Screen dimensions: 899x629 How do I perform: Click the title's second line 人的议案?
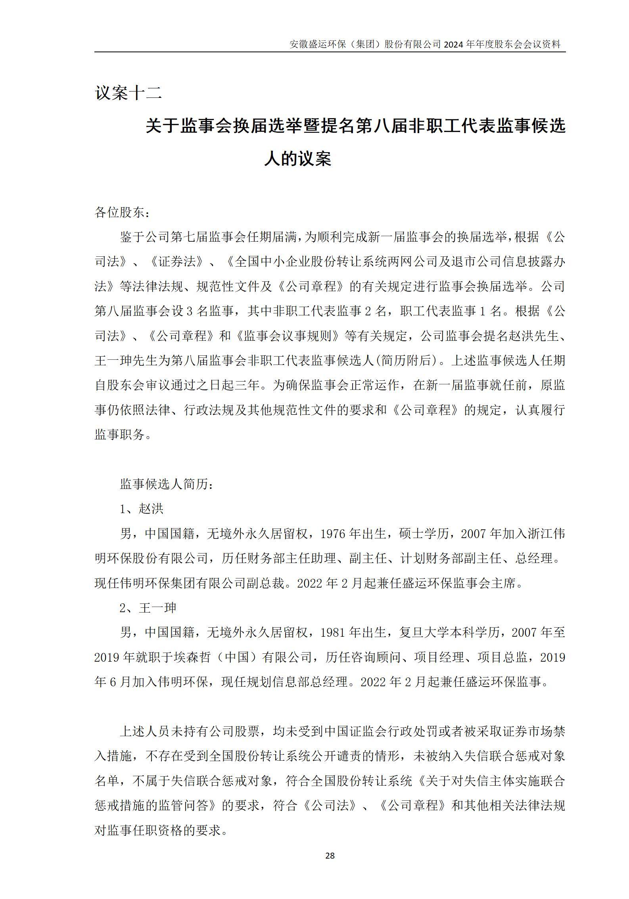pyautogui.click(x=297, y=159)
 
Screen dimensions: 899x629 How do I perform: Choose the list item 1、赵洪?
pyautogui.click(x=142, y=509)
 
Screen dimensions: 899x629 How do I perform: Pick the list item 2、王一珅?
pyautogui.click(x=148, y=608)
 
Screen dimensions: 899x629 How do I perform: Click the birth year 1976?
pyautogui.click(x=334, y=534)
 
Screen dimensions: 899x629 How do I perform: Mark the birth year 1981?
pyautogui.click(x=334, y=632)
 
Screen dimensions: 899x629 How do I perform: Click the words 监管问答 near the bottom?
pyautogui.click(x=185, y=805)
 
